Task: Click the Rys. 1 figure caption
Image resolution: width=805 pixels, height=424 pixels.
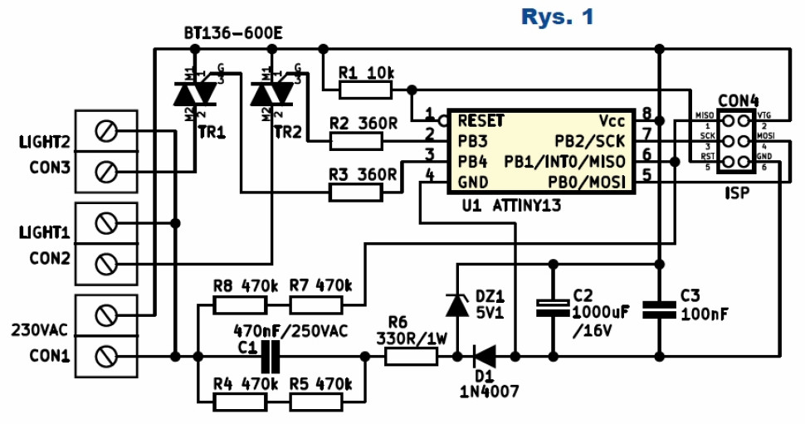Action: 558,16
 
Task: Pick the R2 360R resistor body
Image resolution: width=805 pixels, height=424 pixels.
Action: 356,141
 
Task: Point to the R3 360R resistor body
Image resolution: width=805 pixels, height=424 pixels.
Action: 356,193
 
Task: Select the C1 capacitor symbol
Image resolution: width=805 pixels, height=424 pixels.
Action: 268,357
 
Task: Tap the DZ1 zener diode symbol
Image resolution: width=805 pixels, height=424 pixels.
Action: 456,304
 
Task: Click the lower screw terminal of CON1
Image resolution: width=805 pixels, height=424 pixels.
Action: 105,357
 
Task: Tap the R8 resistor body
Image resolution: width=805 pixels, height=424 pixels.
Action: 240,305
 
